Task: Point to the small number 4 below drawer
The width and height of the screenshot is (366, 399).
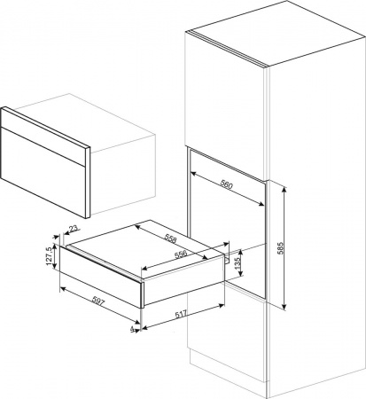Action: click(130, 330)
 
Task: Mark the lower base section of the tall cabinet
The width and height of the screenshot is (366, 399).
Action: click(226, 355)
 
